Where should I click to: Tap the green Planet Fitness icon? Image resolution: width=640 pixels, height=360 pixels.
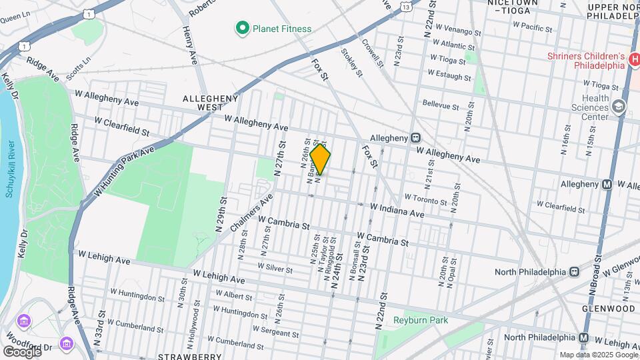point(242,28)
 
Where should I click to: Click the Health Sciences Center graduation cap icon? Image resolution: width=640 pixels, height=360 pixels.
point(619,107)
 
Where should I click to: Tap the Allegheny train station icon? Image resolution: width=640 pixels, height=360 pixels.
point(415,137)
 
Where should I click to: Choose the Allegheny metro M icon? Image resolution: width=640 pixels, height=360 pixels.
point(607,184)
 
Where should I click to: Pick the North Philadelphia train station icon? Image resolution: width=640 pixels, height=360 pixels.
point(573,271)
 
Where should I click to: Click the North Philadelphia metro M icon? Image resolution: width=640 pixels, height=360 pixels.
point(584,337)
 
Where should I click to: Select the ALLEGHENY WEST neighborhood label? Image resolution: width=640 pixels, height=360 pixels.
point(211,103)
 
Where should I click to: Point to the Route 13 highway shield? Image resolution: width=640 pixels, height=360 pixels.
point(405,6)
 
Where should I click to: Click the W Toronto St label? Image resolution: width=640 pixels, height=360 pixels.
point(425,199)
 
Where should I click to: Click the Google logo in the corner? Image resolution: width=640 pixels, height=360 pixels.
point(21,351)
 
